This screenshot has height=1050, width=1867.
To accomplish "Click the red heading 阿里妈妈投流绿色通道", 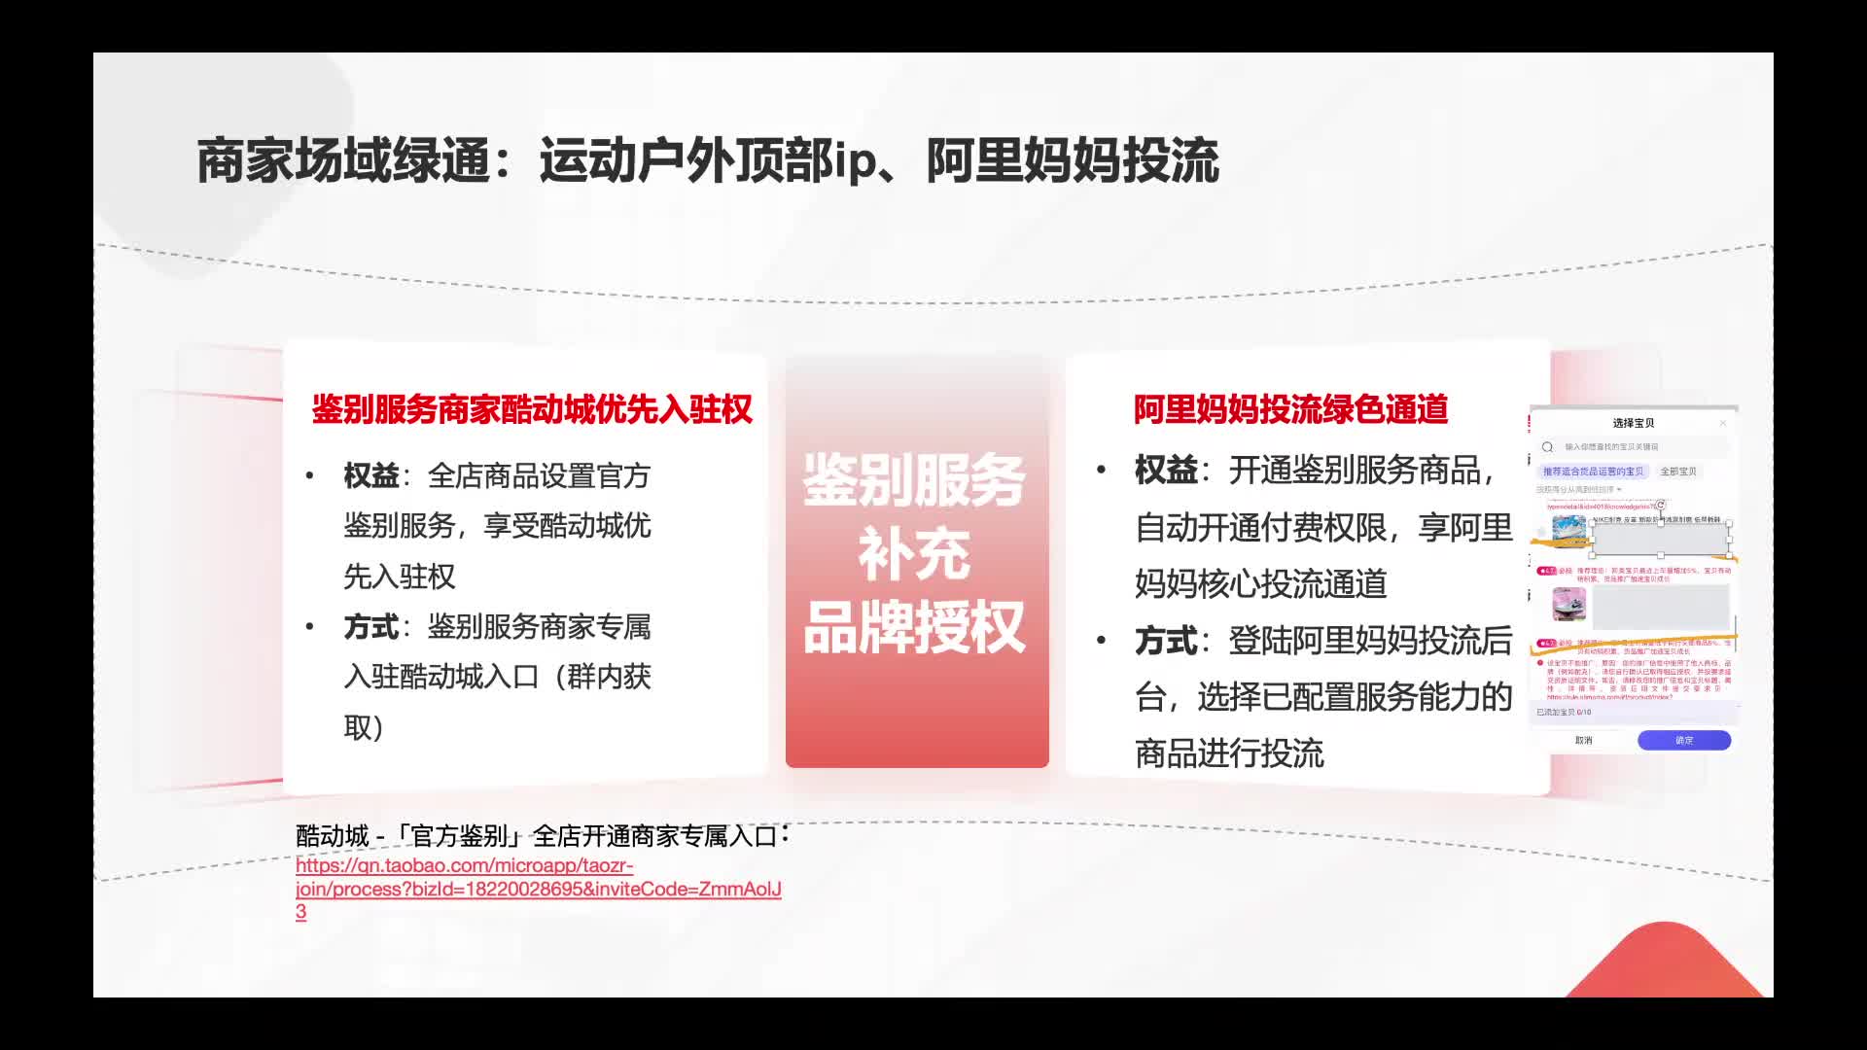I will click(x=1290, y=409).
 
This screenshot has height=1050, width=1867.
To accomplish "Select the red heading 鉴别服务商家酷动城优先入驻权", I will click(x=532, y=409).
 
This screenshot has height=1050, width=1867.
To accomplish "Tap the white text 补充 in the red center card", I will click(x=914, y=554).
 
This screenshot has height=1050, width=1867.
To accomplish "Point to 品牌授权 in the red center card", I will click(x=914, y=628).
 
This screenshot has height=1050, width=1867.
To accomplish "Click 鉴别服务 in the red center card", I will click(x=914, y=479).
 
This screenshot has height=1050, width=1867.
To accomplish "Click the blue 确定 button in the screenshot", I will click(x=1684, y=741).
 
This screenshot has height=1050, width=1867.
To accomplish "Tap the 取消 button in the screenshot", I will click(x=1584, y=741).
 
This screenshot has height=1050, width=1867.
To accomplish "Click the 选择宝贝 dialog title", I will click(x=1634, y=423).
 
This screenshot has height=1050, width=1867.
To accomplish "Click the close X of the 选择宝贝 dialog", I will click(x=1723, y=423).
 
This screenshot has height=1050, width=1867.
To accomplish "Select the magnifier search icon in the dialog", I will click(x=1547, y=447).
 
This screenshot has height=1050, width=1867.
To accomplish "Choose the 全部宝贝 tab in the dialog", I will click(x=1678, y=472).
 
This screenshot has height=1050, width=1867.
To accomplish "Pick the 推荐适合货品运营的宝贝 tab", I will click(x=1593, y=472).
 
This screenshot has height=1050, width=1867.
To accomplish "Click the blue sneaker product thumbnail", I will click(x=1568, y=531).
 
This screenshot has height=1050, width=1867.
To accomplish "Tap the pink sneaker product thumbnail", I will click(x=1568, y=604).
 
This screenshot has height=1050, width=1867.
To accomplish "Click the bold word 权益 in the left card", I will click(x=371, y=476).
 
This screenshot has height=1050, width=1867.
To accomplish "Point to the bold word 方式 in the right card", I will click(x=1166, y=642).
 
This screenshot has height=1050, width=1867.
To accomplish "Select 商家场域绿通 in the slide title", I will click(x=343, y=161).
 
